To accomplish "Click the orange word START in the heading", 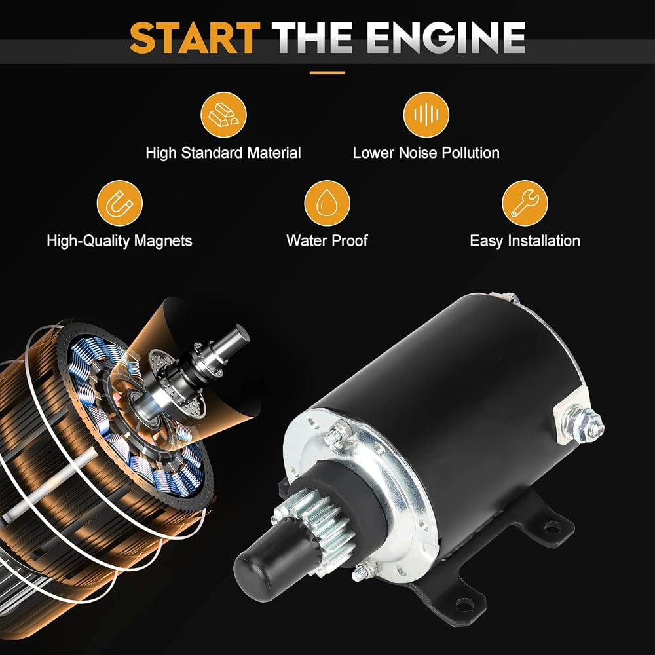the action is (195, 37).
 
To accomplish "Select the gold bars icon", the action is (223, 115).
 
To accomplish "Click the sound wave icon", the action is (426, 115).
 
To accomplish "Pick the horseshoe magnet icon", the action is (119, 204).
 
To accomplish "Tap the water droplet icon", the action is (327, 204).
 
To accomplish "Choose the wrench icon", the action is (525, 204).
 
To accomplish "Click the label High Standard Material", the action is (223, 153).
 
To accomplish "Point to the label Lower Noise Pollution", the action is (426, 153).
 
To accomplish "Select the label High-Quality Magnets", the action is (119, 241).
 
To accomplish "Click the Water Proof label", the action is (327, 241).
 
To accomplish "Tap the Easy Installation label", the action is (525, 241).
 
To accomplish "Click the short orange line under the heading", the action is (327, 73).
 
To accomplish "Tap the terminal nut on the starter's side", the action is (583, 423).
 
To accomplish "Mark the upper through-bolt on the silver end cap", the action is (339, 432).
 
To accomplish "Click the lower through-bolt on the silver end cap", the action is (364, 571).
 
